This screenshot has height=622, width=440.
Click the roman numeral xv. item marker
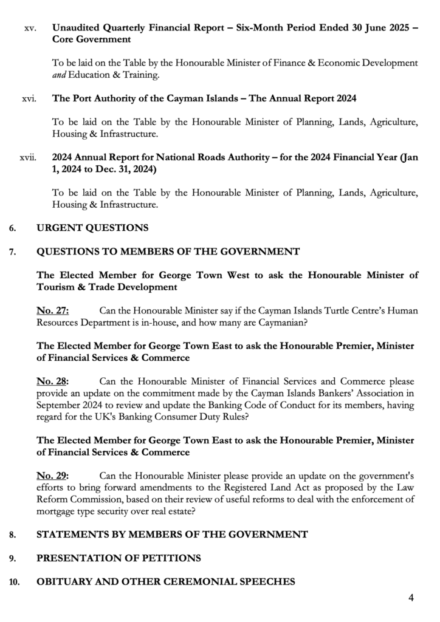click(x=30, y=28)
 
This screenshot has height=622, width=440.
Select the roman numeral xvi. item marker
click(x=29, y=98)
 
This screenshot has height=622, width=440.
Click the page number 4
click(x=411, y=598)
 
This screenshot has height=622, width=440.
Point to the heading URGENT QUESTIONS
click(x=92, y=228)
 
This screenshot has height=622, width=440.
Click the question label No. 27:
click(x=53, y=311)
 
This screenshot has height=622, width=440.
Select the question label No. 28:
click(x=53, y=381)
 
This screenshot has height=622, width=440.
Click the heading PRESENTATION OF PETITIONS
click(x=119, y=558)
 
